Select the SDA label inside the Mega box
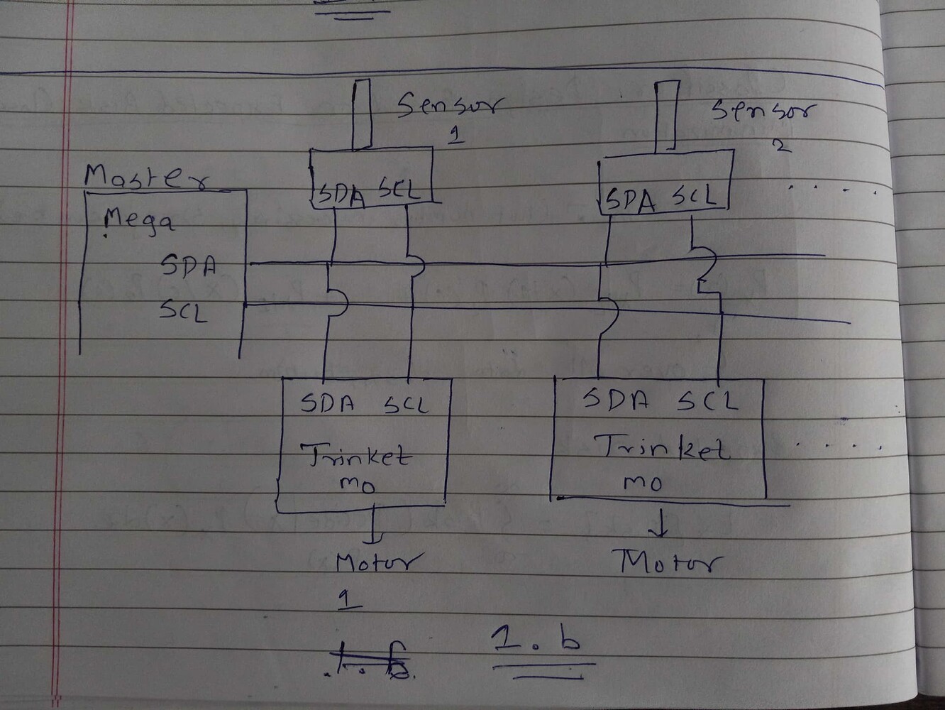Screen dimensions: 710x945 (x=188, y=266)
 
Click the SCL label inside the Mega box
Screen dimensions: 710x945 (x=184, y=310)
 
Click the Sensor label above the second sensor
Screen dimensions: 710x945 (x=763, y=111)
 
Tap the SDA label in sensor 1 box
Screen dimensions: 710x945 (x=341, y=195)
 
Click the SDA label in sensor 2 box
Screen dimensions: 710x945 (x=629, y=200)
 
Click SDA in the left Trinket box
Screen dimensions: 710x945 (x=328, y=403)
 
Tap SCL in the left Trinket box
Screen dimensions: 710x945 (x=407, y=405)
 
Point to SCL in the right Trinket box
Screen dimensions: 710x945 (x=707, y=401)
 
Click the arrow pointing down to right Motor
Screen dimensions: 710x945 (x=661, y=526)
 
